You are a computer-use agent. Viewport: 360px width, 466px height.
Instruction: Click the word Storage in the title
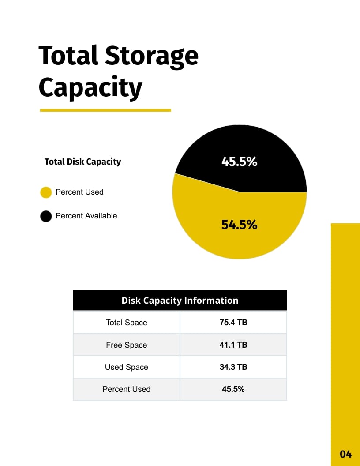coord(151,56)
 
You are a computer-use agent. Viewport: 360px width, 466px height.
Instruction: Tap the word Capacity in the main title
coord(90,87)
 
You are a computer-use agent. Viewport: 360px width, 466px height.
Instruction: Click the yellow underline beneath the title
coord(105,110)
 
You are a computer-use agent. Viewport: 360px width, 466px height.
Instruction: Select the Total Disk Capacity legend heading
coord(82,162)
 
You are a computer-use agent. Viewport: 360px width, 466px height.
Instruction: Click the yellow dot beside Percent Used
coord(46,192)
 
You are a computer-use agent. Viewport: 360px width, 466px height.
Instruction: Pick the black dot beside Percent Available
coord(46,216)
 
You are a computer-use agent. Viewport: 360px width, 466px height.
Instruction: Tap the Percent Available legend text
coord(86,216)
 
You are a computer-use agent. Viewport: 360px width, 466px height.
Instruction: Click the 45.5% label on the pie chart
coord(239,162)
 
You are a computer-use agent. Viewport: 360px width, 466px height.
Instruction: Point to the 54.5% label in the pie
coord(239,225)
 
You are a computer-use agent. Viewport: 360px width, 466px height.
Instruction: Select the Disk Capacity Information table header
coord(180,301)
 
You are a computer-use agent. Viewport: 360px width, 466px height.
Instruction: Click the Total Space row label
coord(127,323)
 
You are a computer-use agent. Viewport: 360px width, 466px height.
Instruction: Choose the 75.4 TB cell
coord(233,322)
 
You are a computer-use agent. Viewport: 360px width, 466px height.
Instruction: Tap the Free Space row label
coord(127,345)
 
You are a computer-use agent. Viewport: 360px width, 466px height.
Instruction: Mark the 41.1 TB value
coord(233,345)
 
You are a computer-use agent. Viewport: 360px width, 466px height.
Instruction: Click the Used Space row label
coord(127,367)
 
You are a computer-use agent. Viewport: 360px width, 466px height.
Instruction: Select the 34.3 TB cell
coord(233,367)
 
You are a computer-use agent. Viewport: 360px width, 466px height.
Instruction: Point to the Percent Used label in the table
coord(127,389)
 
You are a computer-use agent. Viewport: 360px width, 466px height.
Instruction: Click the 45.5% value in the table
coord(233,389)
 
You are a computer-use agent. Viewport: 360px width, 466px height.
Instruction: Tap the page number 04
coord(345,454)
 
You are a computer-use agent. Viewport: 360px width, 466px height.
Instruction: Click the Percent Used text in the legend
coord(79,192)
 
